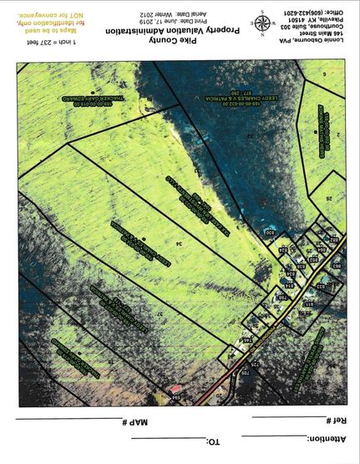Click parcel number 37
[x=159, y=312]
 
